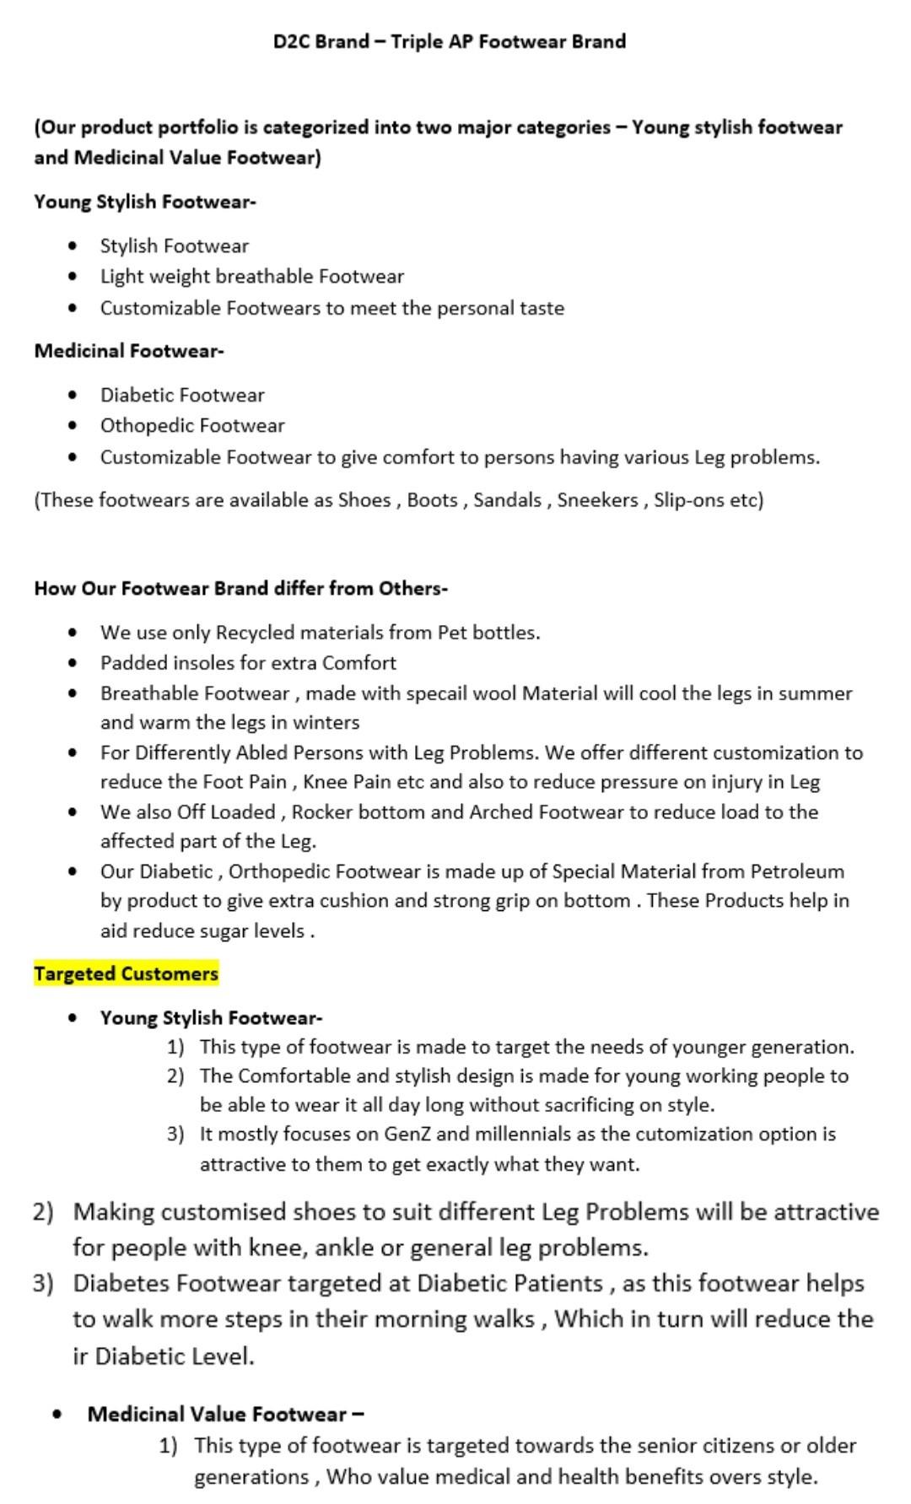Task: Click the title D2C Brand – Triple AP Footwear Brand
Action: coord(449,41)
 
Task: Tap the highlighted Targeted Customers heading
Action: coord(126,973)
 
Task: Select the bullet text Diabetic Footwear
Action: coord(182,395)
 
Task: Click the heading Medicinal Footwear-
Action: coord(128,351)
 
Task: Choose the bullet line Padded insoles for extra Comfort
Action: coord(248,662)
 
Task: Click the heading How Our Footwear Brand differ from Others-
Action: coord(240,588)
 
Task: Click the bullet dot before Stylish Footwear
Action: coord(75,245)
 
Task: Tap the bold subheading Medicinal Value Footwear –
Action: coord(225,1414)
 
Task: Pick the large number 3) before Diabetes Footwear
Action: coord(43,1283)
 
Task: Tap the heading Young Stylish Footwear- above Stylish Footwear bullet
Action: coord(144,202)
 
